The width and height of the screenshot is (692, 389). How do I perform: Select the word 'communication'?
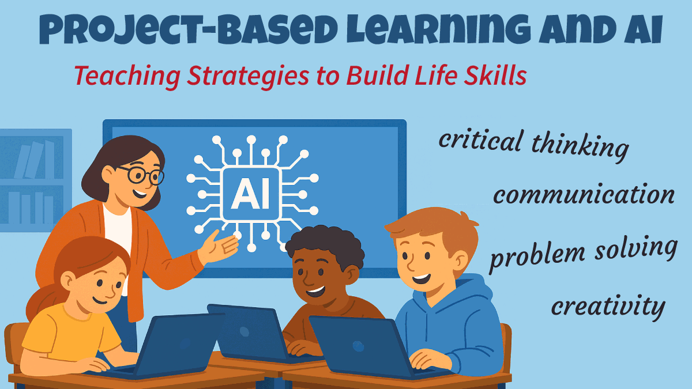(x=584, y=195)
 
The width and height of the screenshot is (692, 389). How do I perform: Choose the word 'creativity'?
(x=608, y=306)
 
